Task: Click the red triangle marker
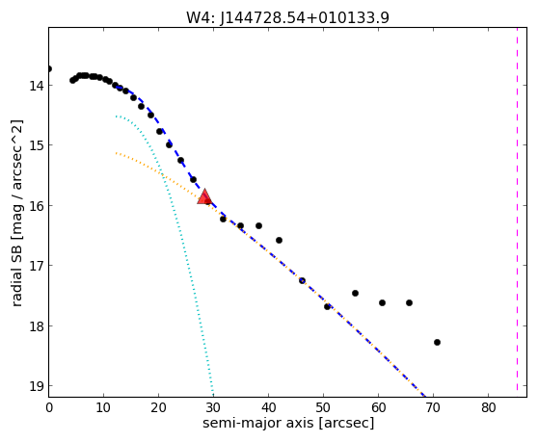pos(204,197)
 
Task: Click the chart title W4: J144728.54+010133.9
pos(287,17)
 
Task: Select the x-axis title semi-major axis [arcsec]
pos(288,423)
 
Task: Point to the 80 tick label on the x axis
pos(488,407)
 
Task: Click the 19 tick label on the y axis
pos(36,386)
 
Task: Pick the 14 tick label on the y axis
pos(36,86)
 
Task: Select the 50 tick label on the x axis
pos(323,407)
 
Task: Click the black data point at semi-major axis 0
pos(49,69)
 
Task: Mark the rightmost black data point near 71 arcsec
pos(437,342)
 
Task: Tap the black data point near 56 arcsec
pos(355,293)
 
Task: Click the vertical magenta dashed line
pos(517,209)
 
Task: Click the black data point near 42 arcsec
pos(279,240)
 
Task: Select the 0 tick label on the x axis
pos(49,407)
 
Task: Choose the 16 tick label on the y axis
pos(36,206)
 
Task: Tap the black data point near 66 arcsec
pos(409,302)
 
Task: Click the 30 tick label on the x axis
pos(213,407)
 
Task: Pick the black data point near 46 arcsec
pos(302,280)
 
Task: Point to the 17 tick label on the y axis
pos(36,266)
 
